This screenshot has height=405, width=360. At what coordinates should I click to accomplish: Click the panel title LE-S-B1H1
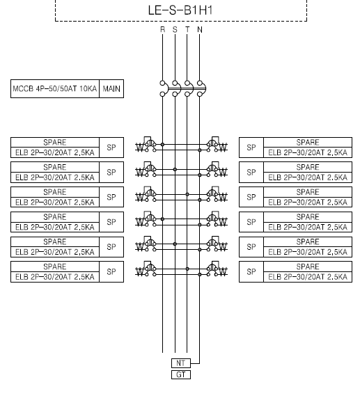[x=180, y=10]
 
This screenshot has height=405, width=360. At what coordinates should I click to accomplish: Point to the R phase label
[x=162, y=30]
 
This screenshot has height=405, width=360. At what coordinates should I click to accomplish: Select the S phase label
[x=175, y=30]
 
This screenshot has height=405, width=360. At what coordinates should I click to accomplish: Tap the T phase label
[x=187, y=30]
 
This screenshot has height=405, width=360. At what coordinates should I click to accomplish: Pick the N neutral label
[x=200, y=30]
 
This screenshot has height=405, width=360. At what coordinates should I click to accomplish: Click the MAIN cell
[x=111, y=89]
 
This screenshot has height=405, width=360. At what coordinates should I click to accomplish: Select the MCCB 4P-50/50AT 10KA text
[x=55, y=89]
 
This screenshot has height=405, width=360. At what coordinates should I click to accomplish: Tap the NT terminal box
[x=181, y=363]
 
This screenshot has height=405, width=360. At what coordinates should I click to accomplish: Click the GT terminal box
[x=181, y=375]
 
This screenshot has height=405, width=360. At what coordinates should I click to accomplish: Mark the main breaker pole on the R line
[x=163, y=88]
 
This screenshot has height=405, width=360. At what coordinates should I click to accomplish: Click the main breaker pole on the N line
[x=201, y=88]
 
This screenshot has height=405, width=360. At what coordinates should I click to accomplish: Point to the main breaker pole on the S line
[x=176, y=88]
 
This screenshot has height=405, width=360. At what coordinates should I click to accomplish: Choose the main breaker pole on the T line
[x=189, y=88]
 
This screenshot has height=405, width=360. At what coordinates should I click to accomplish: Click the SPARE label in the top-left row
[x=55, y=143]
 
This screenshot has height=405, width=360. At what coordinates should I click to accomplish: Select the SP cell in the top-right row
[x=251, y=148]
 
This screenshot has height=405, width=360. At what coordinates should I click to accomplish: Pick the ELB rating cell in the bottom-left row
[x=55, y=277]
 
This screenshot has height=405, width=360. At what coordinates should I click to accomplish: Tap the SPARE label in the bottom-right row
[x=308, y=267]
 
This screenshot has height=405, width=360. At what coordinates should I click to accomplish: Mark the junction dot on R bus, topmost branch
[x=162, y=144]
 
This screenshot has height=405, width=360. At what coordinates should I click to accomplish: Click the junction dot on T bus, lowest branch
[x=187, y=269]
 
